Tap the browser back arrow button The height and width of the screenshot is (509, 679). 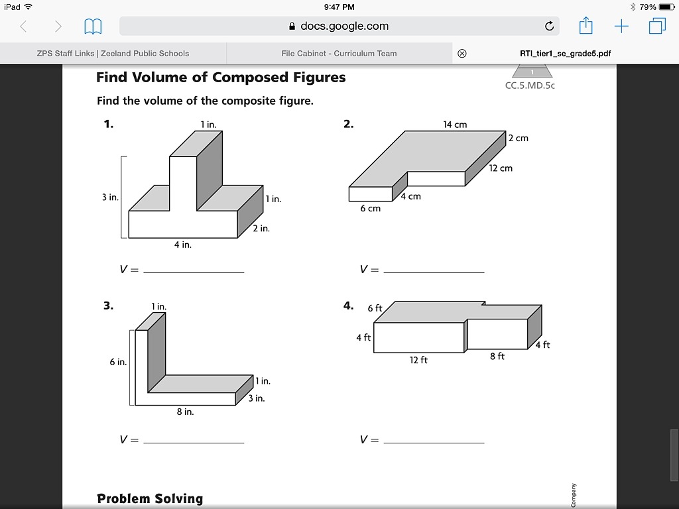coord(24,27)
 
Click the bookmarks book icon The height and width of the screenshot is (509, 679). coord(93,27)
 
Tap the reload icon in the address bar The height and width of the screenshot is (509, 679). coord(549,27)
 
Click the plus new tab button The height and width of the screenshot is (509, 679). coord(621,27)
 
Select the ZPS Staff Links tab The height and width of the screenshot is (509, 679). coord(113,54)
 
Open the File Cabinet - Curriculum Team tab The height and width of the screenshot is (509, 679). coord(339,54)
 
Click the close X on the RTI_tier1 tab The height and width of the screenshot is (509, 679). coord(462,54)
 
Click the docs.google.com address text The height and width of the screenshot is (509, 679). coord(344,27)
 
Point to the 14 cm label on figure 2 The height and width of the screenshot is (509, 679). coord(455,125)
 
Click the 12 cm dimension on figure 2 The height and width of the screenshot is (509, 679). coord(501,168)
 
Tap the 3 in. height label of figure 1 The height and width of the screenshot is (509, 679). coord(109,198)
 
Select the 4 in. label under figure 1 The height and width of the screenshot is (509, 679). coord(182,245)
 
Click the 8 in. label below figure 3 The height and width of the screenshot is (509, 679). coord(185,412)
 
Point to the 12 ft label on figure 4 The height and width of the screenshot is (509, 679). coord(418,360)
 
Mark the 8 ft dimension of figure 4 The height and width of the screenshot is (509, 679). coord(497,357)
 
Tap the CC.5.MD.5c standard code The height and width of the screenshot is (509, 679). coord(530,85)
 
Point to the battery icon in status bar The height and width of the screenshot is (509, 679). coord(666,7)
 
